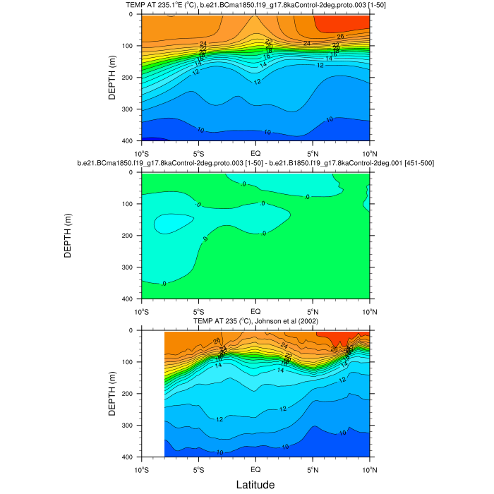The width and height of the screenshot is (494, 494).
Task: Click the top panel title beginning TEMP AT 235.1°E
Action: click(x=255, y=6)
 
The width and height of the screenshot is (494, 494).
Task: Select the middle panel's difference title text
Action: click(x=255, y=164)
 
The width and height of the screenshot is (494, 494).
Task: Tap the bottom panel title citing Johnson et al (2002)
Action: click(x=255, y=322)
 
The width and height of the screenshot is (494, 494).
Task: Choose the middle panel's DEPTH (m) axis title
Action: click(x=68, y=236)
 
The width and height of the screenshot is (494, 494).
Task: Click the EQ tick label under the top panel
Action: click(x=255, y=152)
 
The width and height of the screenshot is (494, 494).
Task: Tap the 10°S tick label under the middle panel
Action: click(x=142, y=311)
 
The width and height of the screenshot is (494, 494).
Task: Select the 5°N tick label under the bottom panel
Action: click(x=313, y=469)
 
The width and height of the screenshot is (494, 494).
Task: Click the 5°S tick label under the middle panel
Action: click(x=198, y=311)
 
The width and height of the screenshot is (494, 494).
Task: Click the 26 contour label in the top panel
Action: click(x=340, y=36)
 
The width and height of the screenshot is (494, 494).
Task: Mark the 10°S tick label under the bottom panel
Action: click(x=142, y=469)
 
